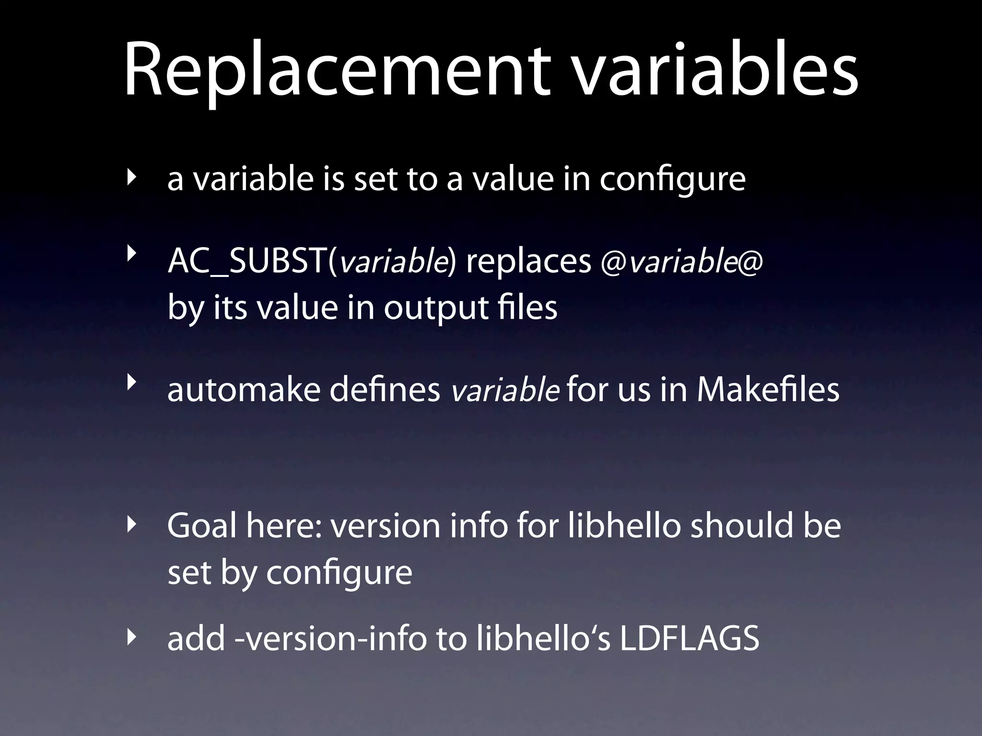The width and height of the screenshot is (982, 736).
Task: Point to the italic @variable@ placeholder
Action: click(681, 262)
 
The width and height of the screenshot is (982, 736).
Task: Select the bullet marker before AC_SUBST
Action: click(130, 254)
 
